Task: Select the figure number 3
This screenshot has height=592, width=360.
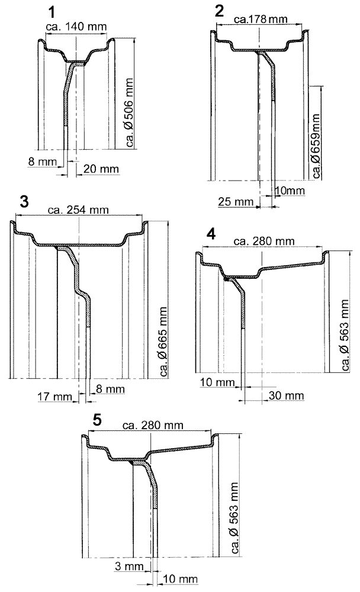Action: coord(24,201)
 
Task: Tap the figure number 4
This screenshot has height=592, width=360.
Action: coord(210,233)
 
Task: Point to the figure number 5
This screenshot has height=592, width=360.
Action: coord(98,419)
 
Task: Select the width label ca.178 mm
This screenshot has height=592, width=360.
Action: coord(261,19)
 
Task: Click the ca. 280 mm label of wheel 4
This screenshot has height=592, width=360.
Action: coord(263,241)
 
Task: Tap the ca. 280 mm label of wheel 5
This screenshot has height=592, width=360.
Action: coord(152,426)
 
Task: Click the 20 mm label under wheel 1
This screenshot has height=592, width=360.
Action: coord(101,169)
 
